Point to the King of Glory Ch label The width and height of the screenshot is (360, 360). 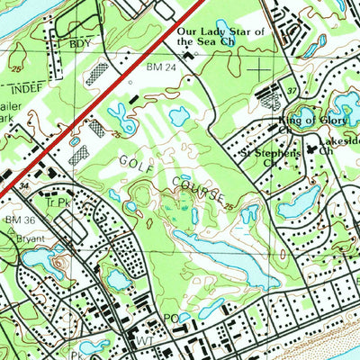[x=305, y=121]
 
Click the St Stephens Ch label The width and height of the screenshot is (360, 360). [x=269, y=158]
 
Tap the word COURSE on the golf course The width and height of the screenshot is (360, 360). [x=198, y=192]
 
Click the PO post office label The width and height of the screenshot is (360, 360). [x=171, y=319]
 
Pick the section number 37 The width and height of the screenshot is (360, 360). [x=292, y=92]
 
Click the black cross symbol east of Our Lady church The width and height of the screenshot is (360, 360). [x=259, y=67]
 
